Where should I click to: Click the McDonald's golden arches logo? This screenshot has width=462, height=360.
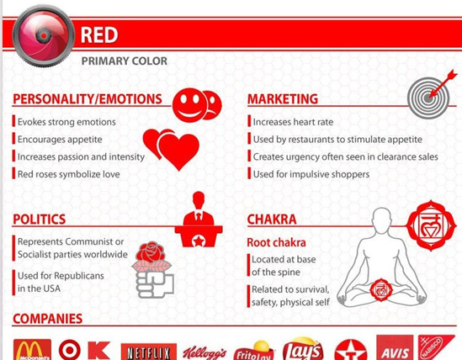coord(32,350)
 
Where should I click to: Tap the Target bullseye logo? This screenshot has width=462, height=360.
coord(70,350)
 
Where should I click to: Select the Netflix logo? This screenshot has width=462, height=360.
coord(149,352)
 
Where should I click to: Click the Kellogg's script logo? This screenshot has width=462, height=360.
coord(204,353)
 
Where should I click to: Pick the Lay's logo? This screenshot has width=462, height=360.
coord(302,350)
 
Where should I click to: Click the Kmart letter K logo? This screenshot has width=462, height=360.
coord(99,351)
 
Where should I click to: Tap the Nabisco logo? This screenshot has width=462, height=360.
coord(437,347)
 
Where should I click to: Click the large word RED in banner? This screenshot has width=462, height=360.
coord(99,35)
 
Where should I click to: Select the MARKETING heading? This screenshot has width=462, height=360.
coord(283,99)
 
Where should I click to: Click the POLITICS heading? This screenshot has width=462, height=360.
coord(40,220)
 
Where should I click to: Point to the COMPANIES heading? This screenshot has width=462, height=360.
coord(48,319)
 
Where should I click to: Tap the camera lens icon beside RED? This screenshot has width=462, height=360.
coord(43,35)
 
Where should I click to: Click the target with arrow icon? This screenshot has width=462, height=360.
coord(431,95)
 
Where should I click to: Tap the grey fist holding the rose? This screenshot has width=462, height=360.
coord(155,283)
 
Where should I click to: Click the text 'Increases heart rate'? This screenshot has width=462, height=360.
coord(293,122)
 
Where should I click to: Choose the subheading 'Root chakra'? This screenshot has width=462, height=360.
coord(276,243)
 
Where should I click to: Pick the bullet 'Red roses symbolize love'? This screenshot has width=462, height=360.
coord(69,174)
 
